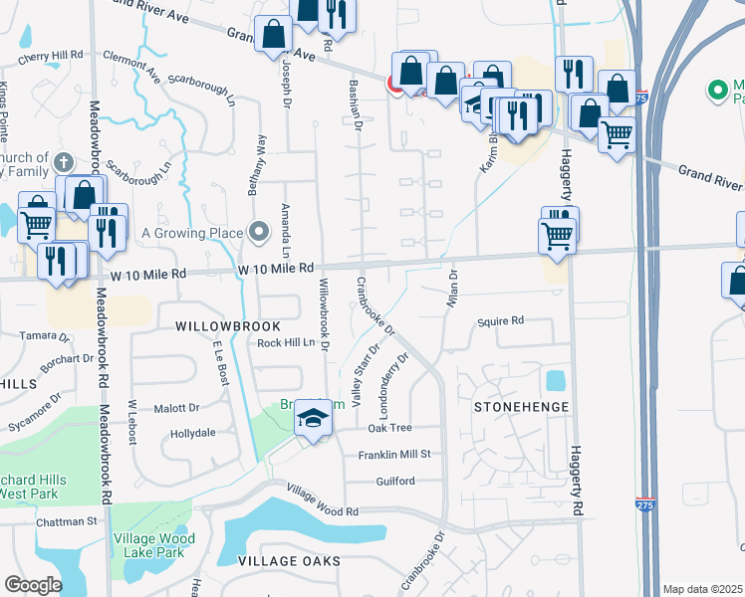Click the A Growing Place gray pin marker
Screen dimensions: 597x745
(x=259, y=233)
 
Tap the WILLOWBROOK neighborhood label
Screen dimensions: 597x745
(x=228, y=326)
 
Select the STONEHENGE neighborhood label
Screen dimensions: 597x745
(x=521, y=407)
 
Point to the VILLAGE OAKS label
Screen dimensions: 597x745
(x=289, y=561)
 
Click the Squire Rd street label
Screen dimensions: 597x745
(x=501, y=321)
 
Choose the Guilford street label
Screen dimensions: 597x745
(x=395, y=482)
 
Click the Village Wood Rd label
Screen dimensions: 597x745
(x=322, y=511)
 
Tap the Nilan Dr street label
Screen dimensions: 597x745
(x=452, y=289)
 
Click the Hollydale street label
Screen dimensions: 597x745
(x=193, y=434)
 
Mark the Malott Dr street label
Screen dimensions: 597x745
(x=176, y=408)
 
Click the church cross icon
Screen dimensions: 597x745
(x=62, y=161)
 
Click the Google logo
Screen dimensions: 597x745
(x=33, y=585)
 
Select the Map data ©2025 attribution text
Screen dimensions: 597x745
(x=702, y=589)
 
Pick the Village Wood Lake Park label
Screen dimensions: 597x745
(x=149, y=545)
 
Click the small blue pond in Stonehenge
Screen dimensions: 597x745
(x=555, y=381)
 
